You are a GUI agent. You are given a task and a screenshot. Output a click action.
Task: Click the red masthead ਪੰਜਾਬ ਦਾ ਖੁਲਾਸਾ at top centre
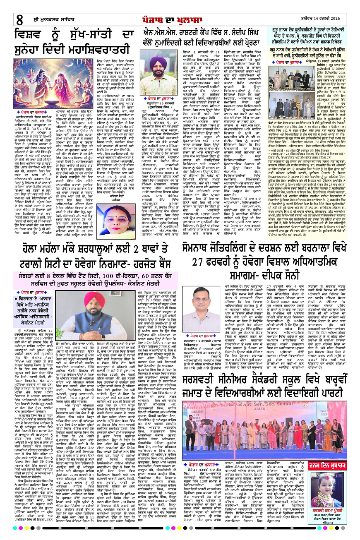(x=180, y=17)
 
